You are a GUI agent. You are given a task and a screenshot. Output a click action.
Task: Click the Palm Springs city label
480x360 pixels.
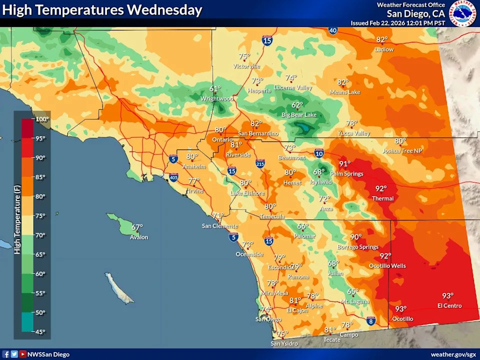pyautogui.click(x=346, y=174)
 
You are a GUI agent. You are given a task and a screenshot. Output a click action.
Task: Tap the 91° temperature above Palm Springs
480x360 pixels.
pyautogui.click(x=345, y=164)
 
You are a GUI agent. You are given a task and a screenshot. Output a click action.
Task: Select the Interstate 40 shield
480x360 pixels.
pyautogui.click(x=333, y=30)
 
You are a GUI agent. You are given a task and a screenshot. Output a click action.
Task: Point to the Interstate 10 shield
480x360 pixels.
pyautogui.click(x=319, y=152)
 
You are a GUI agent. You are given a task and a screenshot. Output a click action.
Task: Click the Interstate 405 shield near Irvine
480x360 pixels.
pyautogui.click(x=173, y=177)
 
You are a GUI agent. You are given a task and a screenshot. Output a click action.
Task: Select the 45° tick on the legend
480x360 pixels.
pyautogui.click(x=40, y=331)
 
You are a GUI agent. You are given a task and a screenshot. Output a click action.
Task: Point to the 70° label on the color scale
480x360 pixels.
pyautogui.click(x=40, y=235)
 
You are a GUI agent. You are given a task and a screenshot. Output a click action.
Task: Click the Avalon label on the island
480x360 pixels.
pyautogui.click(x=139, y=237)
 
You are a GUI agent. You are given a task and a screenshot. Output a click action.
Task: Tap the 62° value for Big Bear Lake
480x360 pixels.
pyautogui.click(x=297, y=105)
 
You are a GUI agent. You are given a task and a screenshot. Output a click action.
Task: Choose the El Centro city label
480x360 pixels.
pyautogui.click(x=449, y=305)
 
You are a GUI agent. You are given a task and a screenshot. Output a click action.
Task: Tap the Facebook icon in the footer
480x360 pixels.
pyautogui.click(x=6, y=354)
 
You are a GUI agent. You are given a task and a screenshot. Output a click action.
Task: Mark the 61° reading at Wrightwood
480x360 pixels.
pyautogui.click(x=215, y=89)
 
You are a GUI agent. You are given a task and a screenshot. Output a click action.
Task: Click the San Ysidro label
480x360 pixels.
pyautogui.click(x=284, y=344)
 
